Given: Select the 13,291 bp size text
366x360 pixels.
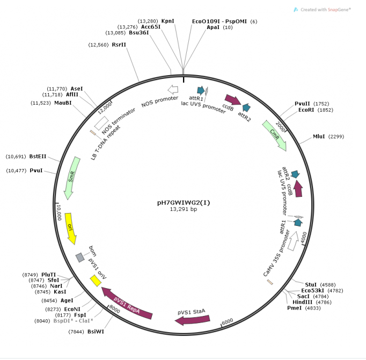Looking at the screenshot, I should (184, 210).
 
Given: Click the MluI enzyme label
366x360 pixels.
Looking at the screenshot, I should (320, 137).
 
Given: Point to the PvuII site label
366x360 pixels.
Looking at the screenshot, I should (303, 104).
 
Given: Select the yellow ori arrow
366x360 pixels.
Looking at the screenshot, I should (70, 227).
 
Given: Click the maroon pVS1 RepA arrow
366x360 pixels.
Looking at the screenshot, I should (127, 304).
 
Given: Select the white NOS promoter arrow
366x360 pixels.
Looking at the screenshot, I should (172, 90).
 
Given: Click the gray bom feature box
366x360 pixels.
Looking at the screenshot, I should (79, 258).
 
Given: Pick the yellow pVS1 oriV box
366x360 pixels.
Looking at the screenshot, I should (96, 280).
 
